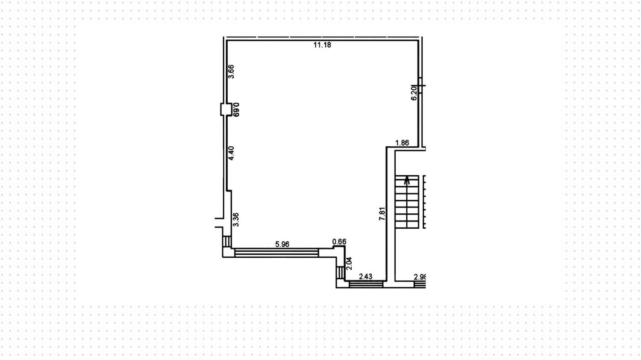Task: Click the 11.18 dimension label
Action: click(322, 45)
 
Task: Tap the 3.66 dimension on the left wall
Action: click(231, 71)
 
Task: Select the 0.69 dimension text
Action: click(236, 109)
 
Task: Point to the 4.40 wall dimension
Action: click(231, 153)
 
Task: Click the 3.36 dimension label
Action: click(235, 219)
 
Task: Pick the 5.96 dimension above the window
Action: click(282, 245)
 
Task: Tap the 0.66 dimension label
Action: click(339, 242)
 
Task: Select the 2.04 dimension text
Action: click(349, 263)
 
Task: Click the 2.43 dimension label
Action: click(365, 277)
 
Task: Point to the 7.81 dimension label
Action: click(382, 214)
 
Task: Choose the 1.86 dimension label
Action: click(402, 143)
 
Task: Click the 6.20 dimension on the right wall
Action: click(414, 93)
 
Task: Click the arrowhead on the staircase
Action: click(407, 178)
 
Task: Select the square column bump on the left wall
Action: click(224, 109)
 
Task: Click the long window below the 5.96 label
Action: click(276, 253)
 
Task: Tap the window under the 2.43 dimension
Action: click(366, 283)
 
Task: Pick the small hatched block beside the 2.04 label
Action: click(341, 273)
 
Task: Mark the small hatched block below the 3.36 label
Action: click(227, 242)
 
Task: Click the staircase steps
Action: click(407, 203)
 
